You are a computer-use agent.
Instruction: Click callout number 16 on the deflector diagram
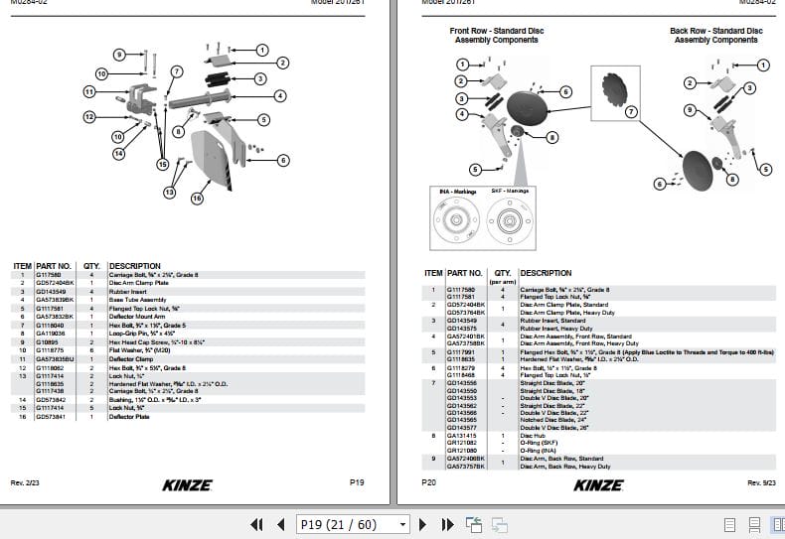[197, 199]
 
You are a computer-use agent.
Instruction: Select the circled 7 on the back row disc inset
[630, 112]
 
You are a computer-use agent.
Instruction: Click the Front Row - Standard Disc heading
[496, 36]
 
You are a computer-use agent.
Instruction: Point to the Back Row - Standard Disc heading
[715, 36]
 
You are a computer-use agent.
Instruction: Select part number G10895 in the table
[50, 341]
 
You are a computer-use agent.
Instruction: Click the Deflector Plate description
[128, 418]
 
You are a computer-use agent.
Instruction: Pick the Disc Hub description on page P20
[534, 435]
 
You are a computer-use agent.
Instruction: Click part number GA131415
[461, 435]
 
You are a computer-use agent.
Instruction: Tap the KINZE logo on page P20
[599, 484]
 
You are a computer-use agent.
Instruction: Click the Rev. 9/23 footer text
[762, 482]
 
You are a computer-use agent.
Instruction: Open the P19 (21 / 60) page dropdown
[353, 524]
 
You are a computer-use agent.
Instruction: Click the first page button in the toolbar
[256, 524]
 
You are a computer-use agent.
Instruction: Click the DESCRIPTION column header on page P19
[134, 266]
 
